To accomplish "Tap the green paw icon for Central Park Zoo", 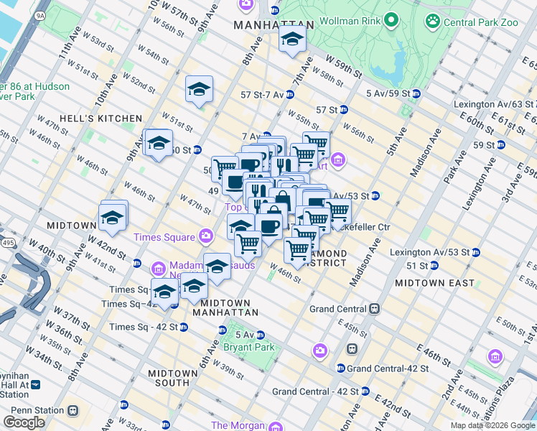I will click(x=432, y=21).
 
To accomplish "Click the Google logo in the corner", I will click(x=24, y=422).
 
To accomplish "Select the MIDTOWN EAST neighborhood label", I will click(x=434, y=283).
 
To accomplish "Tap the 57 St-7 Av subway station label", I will click(x=262, y=94).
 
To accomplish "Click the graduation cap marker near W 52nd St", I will click(x=199, y=90).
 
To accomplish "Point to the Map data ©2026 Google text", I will click(x=492, y=425).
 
